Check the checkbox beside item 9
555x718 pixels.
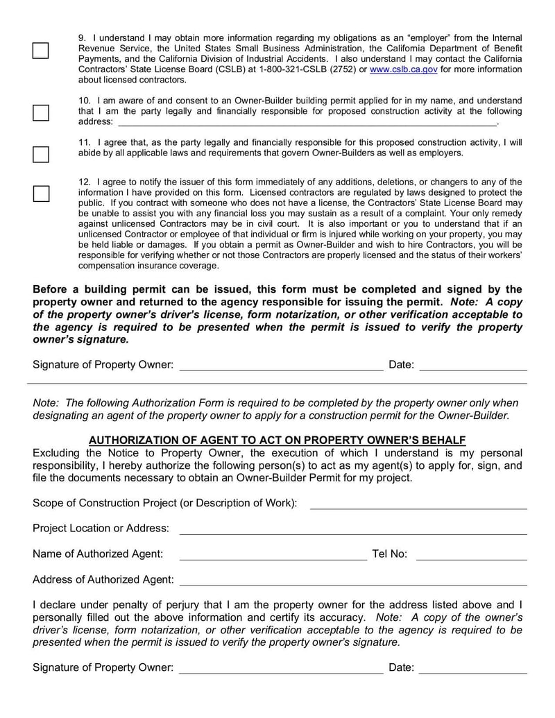(x=41, y=51)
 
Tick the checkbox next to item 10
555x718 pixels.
(x=41, y=112)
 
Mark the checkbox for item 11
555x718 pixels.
(x=41, y=153)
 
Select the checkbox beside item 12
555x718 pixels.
(x=41, y=194)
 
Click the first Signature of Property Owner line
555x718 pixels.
(x=281, y=366)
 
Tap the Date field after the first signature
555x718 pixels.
(x=472, y=366)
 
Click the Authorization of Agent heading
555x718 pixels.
(x=277, y=440)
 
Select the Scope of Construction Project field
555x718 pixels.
(x=418, y=503)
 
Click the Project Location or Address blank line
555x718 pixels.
(x=353, y=529)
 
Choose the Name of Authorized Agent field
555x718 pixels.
(x=273, y=554)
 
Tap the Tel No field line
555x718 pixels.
(x=471, y=554)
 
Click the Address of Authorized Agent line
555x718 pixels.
(x=353, y=580)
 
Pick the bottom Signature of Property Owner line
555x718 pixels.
(x=281, y=668)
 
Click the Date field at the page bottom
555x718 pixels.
(x=472, y=668)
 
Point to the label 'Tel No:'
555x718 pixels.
(x=389, y=554)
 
